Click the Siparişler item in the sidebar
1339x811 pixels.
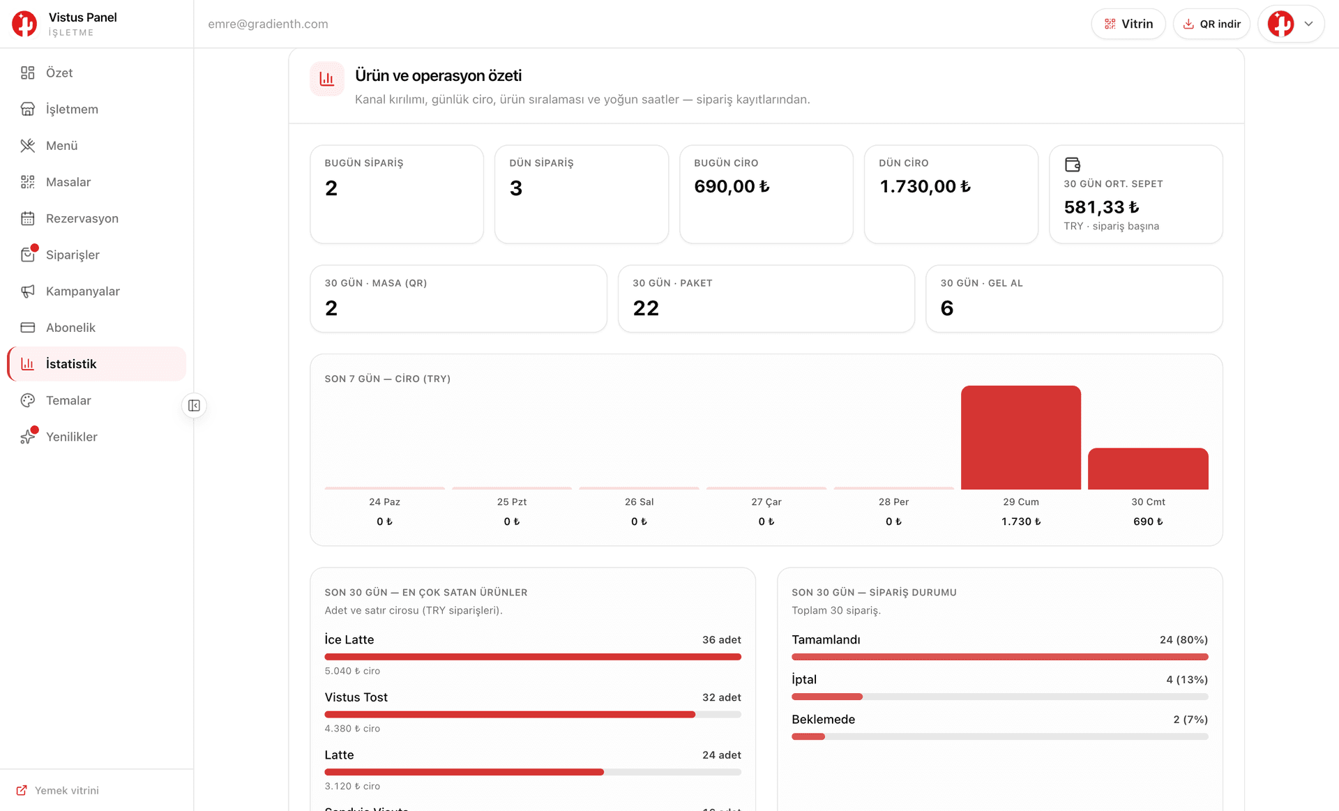pos(73,255)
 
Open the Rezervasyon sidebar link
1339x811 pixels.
pos(82,218)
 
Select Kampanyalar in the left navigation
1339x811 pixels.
pos(82,291)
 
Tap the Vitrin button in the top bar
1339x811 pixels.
pos(1128,24)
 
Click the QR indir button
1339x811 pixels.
pos(1211,24)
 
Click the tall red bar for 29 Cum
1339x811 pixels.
pos(1021,437)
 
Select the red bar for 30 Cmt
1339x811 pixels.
pos(1148,469)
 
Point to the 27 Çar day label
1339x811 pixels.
pos(766,502)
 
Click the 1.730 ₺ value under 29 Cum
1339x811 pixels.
pos(1021,522)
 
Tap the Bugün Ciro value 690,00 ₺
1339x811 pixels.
pos(732,186)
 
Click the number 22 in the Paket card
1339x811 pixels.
pos(646,308)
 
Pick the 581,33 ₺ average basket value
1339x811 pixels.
pos(1101,207)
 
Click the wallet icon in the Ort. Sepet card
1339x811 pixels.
pos(1073,165)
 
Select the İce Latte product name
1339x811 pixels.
pos(349,639)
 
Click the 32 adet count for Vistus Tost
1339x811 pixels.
pos(722,697)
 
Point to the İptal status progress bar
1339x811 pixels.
pos(1000,697)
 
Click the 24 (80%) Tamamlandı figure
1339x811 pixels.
pos(1183,639)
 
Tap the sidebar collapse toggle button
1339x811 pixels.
pos(194,406)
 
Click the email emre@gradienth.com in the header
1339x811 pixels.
pos(268,24)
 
